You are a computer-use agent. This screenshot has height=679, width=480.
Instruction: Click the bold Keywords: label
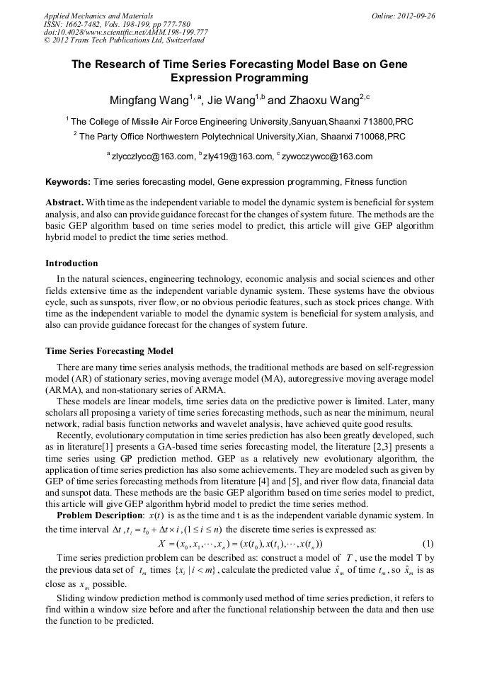(68, 182)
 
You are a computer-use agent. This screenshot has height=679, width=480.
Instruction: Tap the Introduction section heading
(72, 263)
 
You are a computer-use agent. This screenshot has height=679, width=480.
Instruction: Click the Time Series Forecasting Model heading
(109, 350)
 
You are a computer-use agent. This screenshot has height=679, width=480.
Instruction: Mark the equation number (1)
(428, 544)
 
